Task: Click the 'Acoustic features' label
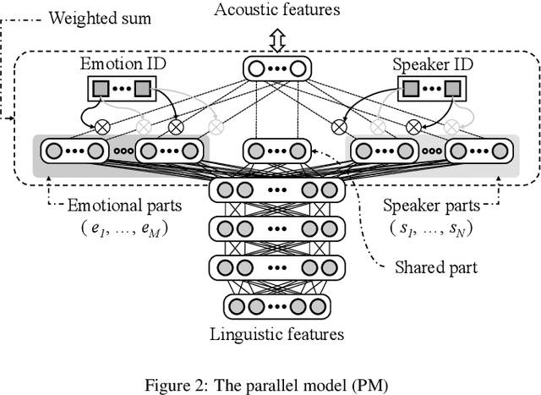[x=276, y=11]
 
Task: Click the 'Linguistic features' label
[x=276, y=333]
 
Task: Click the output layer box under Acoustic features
[x=276, y=67]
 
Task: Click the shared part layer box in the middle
[x=276, y=151]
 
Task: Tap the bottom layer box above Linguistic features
[x=276, y=305]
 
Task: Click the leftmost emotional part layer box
[x=74, y=151]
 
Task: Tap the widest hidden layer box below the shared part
[x=276, y=189]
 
